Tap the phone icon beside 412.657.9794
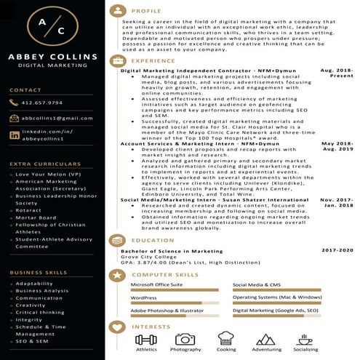pos(15,103)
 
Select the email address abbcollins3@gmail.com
pos(57,118)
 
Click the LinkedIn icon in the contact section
pos(15,135)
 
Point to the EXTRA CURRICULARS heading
pos(41,164)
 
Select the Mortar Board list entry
pos(36,218)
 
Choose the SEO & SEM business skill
pos(32,340)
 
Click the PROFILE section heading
pos(147,12)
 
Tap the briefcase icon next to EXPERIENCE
pos(117,61)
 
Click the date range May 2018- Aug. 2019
pos(337,146)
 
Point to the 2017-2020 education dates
pos(336,249)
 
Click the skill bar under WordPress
pos(175,303)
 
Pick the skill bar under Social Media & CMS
pos(277,290)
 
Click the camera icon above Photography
pos(185,339)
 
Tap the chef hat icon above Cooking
pos(225,338)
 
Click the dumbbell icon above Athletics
pos(145,339)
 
